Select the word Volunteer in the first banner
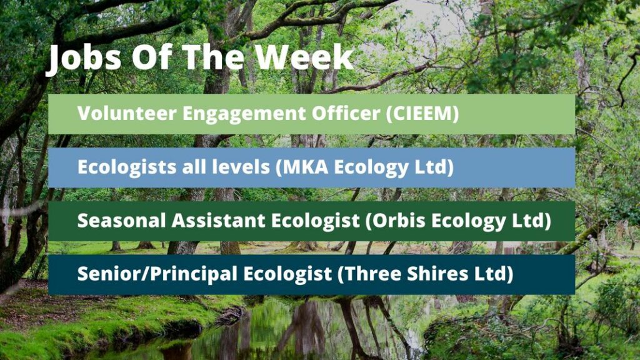point(127,113)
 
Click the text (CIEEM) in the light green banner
point(422,114)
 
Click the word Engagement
point(244,114)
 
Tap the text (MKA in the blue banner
point(302,167)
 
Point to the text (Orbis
point(395,221)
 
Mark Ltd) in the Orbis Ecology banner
point(531,221)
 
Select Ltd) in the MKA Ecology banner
point(434,167)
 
